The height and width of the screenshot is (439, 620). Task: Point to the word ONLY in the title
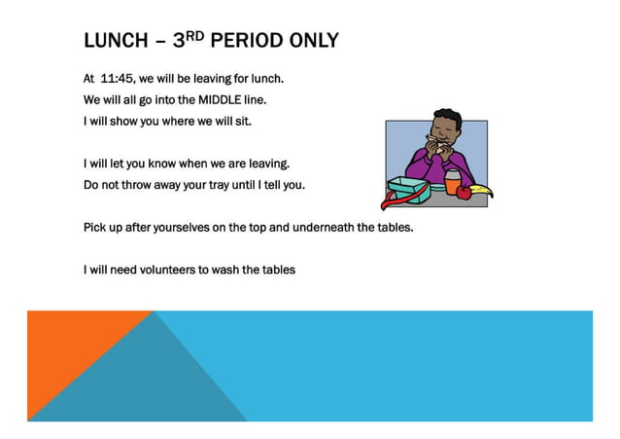click(x=313, y=41)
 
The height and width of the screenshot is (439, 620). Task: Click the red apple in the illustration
click(x=463, y=192)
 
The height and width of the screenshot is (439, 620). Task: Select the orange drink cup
click(x=452, y=181)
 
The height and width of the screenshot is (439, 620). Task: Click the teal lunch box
click(x=410, y=193)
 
